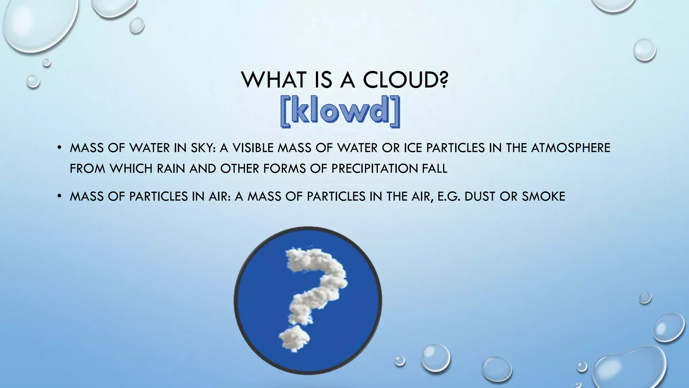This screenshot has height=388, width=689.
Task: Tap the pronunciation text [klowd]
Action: pos(340,111)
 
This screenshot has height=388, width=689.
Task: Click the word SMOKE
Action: pos(543,196)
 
